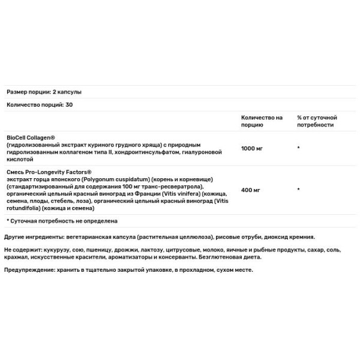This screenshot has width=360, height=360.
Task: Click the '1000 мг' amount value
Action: pyautogui.click(x=252, y=146)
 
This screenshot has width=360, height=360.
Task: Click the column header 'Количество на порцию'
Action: pyautogui.click(x=262, y=121)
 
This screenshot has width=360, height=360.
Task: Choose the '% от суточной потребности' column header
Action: pyautogui.click(x=317, y=121)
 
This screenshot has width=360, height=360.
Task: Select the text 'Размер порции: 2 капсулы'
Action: pyautogui.click(x=43, y=92)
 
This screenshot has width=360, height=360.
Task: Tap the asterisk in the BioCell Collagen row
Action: pyautogui.click(x=298, y=147)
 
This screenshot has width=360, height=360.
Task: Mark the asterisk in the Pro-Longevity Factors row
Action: pyautogui.click(x=298, y=190)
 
